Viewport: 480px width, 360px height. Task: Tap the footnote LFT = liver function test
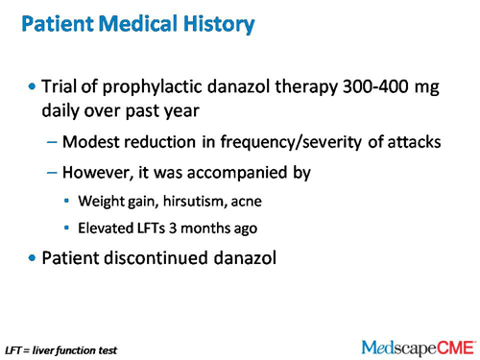click(x=60, y=350)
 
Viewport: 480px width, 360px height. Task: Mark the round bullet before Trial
click(x=34, y=87)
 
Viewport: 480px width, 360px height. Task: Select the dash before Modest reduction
click(x=51, y=143)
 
